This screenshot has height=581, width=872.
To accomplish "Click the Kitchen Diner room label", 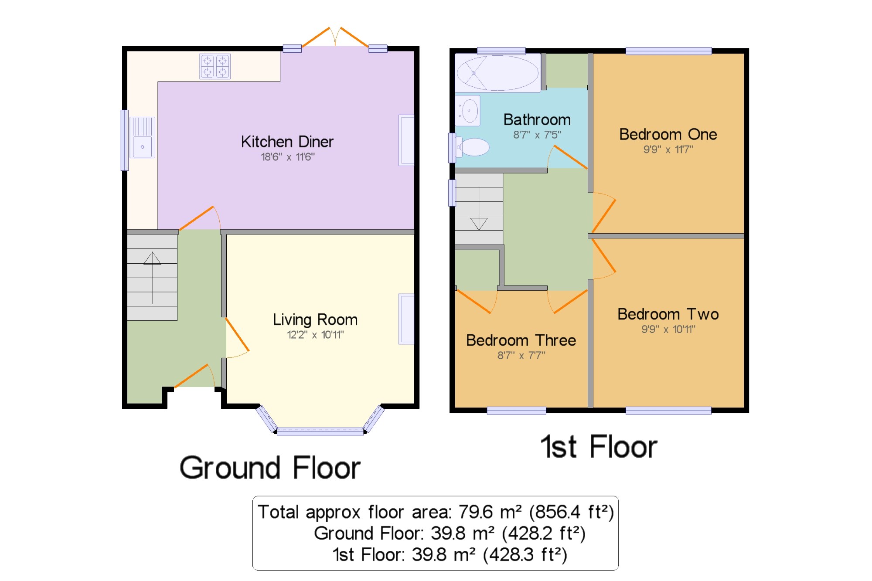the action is pyautogui.click(x=287, y=142).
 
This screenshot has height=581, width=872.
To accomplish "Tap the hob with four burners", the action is pyautogui.click(x=215, y=66).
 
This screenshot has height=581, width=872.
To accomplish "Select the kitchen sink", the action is pyautogui.click(x=142, y=137).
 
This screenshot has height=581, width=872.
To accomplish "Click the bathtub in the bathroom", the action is pyautogui.click(x=497, y=73).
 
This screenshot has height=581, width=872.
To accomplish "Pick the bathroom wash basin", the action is pyautogui.click(x=468, y=111).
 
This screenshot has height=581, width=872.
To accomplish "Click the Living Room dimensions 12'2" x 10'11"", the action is pyautogui.click(x=315, y=335).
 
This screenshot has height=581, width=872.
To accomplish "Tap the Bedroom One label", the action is pyautogui.click(x=668, y=134).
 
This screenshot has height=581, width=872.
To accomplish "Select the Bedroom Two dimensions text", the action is pyautogui.click(x=668, y=329).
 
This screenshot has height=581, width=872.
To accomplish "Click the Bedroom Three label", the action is pyautogui.click(x=521, y=340).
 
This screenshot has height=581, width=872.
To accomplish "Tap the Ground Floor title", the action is pyautogui.click(x=270, y=468).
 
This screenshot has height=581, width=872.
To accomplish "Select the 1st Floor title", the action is pyautogui.click(x=599, y=447).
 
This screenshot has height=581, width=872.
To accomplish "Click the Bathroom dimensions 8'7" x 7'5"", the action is pyautogui.click(x=537, y=135).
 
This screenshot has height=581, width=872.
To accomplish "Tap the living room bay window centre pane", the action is pyautogui.click(x=320, y=432).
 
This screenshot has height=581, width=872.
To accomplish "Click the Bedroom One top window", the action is pyautogui.click(x=668, y=51).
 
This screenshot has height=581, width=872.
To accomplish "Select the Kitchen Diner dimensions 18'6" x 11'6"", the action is pyautogui.click(x=288, y=157).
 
